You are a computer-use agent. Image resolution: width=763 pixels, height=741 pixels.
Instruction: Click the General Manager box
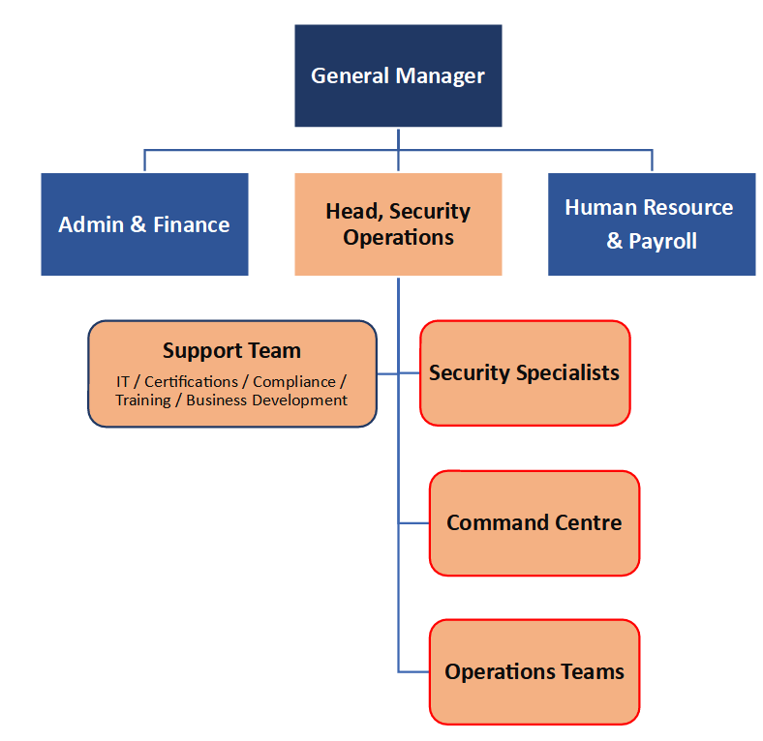pyautogui.click(x=398, y=75)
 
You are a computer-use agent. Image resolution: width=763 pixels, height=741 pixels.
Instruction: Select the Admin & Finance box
pyautogui.click(x=144, y=224)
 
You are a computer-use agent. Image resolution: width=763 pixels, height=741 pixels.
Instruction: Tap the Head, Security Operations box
pyautogui.click(x=398, y=224)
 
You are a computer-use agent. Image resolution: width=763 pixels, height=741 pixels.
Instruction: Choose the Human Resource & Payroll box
pyautogui.click(x=652, y=224)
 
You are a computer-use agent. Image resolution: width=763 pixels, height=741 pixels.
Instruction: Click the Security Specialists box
pyautogui.click(x=525, y=373)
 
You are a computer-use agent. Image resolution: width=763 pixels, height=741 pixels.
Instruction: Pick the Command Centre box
pyautogui.click(x=534, y=523)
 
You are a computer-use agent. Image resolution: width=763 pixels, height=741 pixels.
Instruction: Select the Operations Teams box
pyautogui.click(x=534, y=672)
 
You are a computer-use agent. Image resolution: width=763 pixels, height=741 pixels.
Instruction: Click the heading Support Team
pyautogui.click(x=231, y=351)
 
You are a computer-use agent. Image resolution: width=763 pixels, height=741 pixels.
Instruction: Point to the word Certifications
pyautogui.click(x=192, y=382)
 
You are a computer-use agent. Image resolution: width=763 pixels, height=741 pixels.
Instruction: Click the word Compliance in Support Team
pyautogui.click(x=294, y=382)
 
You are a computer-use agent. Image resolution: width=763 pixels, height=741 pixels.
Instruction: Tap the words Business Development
pyautogui.click(x=267, y=400)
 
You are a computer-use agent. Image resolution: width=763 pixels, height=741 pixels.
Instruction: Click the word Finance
pyautogui.click(x=192, y=224)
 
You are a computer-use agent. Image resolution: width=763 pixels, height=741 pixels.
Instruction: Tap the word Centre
pyautogui.click(x=588, y=523)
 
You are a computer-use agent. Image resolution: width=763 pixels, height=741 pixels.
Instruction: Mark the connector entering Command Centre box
pyautogui.click(x=414, y=523)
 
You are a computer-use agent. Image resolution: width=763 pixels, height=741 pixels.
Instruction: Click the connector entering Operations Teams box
pyautogui.click(x=414, y=672)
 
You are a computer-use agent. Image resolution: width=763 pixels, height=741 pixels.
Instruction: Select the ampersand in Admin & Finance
pyautogui.click(x=138, y=224)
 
